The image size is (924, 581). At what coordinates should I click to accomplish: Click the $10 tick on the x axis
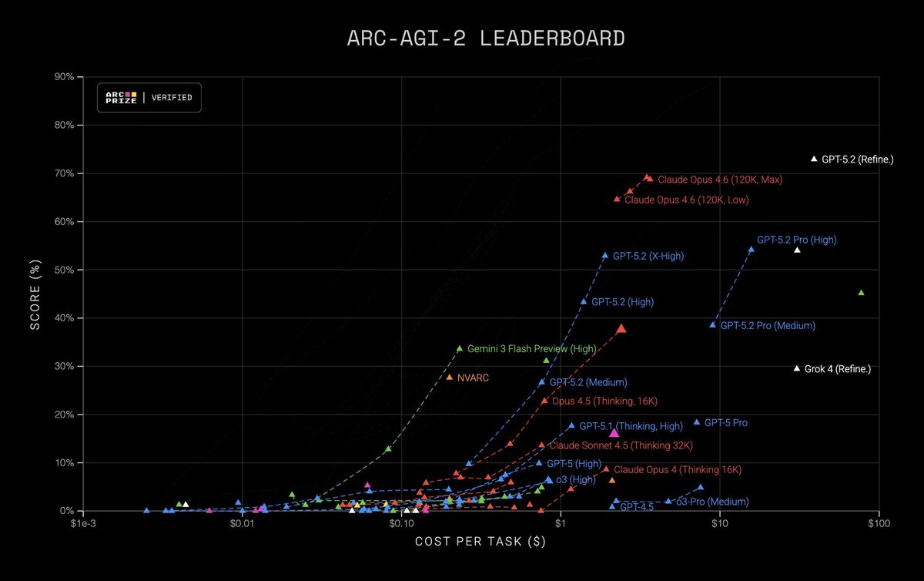click(x=719, y=524)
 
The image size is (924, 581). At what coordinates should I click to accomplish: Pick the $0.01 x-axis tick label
click(x=242, y=524)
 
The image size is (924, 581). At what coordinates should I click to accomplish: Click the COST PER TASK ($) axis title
click(x=480, y=542)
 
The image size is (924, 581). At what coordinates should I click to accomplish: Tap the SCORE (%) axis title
click(x=35, y=293)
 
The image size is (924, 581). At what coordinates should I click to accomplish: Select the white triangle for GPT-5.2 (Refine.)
click(x=814, y=159)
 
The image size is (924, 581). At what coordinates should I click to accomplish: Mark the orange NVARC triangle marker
click(x=450, y=378)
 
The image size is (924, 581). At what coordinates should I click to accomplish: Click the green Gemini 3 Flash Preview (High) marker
click(x=460, y=348)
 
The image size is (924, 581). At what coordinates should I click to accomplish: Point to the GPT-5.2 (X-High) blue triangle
click(x=605, y=255)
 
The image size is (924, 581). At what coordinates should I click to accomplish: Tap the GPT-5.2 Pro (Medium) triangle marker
click(x=712, y=325)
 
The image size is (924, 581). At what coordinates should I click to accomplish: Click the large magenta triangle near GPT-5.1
click(x=614, y=434)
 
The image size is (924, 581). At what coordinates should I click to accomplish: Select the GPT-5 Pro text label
click(x=725, y=423)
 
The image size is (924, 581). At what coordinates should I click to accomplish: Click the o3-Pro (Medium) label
click(x=712, y=502)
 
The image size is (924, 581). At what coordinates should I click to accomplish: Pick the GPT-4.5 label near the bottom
click(x=636, y=507)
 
